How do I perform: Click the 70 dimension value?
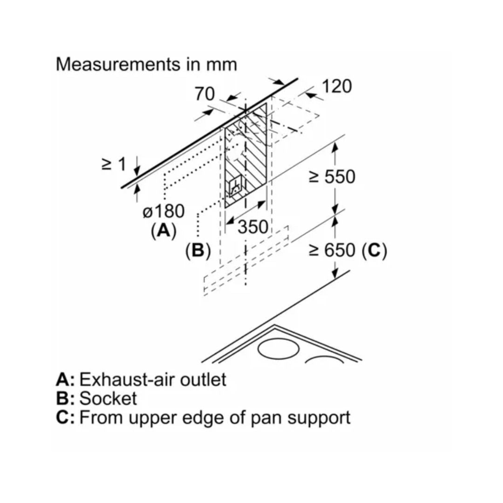tap(205, 94)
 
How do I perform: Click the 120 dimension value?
tap(337, 86)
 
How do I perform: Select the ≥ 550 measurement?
tap(333, 177)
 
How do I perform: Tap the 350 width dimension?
tap(253, 227)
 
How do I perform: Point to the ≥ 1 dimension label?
tap(114, 164)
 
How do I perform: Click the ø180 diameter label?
tap(163, 212)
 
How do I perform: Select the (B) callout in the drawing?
tap(198, 251)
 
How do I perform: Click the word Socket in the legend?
tap(108, 399)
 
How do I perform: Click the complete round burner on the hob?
tap(278, 348)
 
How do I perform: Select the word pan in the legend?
tap(267, 418)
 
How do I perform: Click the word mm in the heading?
tap(222, 65)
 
